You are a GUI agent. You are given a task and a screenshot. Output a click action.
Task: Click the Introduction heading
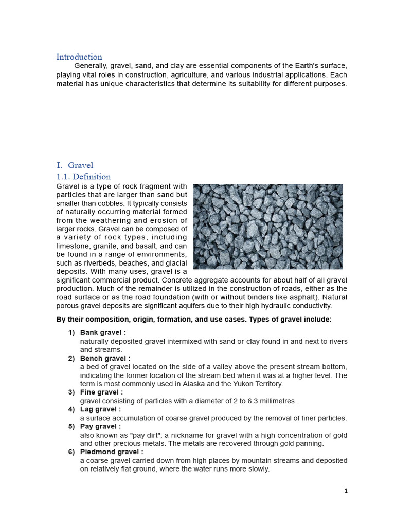(x=79, y=57)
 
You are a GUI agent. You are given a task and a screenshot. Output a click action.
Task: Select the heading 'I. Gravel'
(x=75, y=165)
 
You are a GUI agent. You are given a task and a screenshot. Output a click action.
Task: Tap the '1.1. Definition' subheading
(x=83, y=177)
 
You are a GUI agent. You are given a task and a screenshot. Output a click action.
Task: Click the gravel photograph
(x=267, y=227)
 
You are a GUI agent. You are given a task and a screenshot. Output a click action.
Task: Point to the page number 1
(x=346, y=491)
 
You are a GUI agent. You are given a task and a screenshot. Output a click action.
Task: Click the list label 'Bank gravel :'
(x=103, y=333)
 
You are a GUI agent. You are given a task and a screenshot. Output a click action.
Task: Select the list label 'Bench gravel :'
(x=105, y=358)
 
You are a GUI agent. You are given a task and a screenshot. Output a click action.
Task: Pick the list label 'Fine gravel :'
(x=101, y=392)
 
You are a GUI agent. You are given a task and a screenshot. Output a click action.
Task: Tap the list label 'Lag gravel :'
(x=100, y=409)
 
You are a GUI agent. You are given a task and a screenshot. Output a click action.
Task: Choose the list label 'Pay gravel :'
(x=100, y=426)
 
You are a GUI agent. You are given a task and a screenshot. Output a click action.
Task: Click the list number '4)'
(x=71, y=409)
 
